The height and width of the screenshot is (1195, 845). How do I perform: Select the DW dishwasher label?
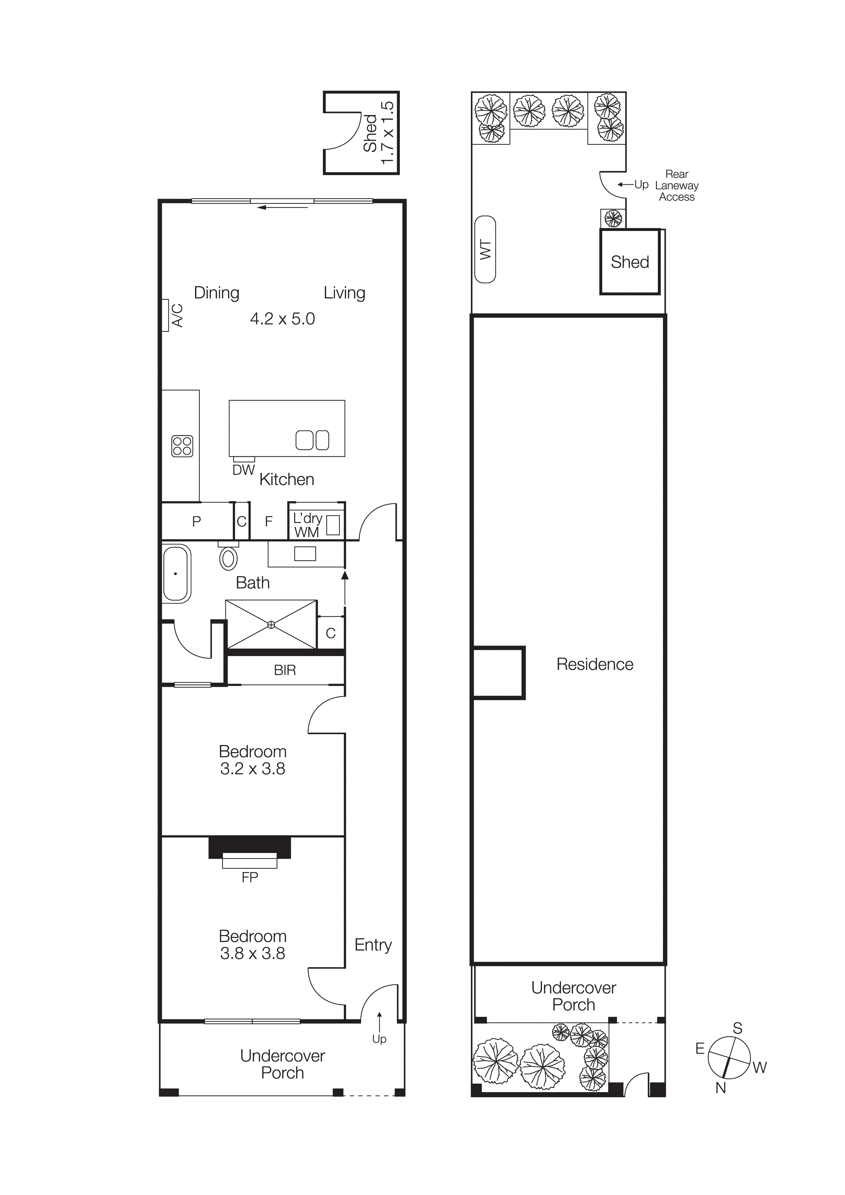coord(243,470)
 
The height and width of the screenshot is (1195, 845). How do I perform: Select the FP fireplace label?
coord(250,878)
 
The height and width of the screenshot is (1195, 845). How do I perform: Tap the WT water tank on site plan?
coord(485,249)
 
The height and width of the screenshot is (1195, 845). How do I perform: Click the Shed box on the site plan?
coord(630,262)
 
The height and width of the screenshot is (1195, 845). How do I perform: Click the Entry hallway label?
coord(373,945)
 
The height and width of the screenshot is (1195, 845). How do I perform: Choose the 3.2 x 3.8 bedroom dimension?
coord(253,769)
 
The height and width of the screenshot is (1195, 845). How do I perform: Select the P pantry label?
coord(196,521)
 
